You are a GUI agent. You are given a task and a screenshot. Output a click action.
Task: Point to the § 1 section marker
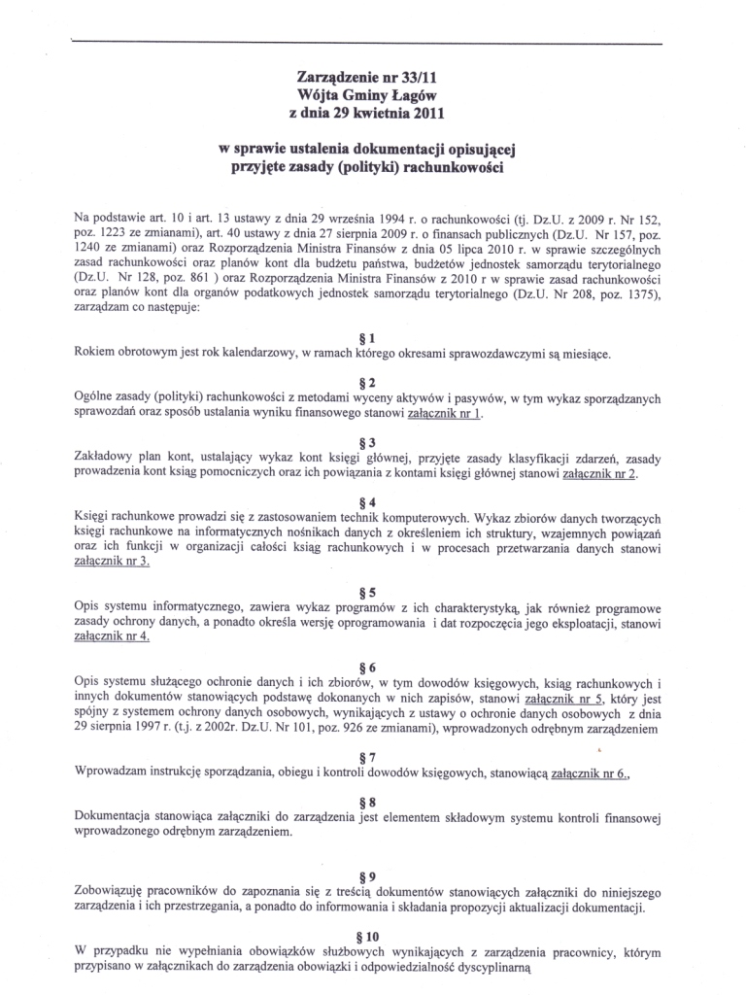pos(373,336)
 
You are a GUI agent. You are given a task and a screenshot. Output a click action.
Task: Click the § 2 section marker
pos(373,380)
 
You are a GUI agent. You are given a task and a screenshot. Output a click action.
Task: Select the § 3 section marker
pos(373,440)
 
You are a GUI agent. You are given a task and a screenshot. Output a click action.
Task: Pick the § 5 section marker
pos(373,590)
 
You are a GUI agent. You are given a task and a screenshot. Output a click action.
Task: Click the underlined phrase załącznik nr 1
pos(443,412)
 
